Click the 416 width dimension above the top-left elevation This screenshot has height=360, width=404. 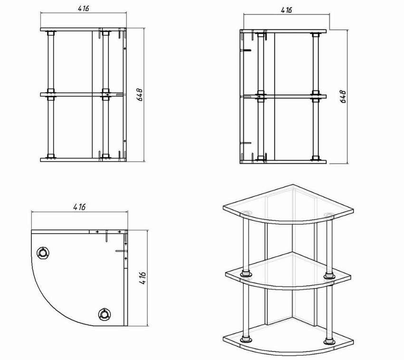(x=84, y=8)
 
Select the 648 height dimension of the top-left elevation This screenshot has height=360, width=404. (x=139, y=95)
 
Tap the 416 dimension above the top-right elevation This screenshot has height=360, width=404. (x=286, y=10)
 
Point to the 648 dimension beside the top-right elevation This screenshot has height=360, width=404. (x=343, y=97)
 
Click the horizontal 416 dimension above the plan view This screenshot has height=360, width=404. (x=79, y=207)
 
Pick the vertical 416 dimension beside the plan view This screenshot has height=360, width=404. (x=143, y=278)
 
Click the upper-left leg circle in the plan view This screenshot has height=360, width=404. (x=43, y=253)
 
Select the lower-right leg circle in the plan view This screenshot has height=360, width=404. (x=105, y=314)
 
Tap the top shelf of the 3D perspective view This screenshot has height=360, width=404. (x=288, y=204)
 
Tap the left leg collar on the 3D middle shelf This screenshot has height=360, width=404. (x=247, y=273)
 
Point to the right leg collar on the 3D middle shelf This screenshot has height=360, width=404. (x=328, y=275)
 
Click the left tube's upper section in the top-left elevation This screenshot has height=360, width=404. (x=51, y=62)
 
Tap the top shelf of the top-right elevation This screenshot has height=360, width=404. (x=283, y=31)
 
